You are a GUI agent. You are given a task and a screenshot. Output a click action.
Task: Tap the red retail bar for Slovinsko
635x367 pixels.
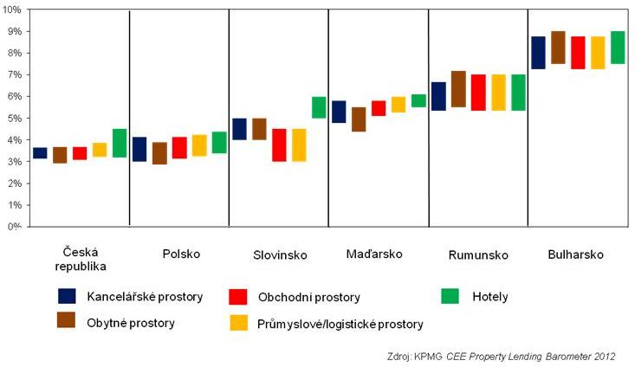pyautogui.click(x=279, y=145)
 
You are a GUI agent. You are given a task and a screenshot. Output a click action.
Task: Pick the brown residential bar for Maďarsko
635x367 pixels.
pyautogui.click(x=359, y=119)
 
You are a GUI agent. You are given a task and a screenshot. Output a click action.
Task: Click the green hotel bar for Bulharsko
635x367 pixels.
pyautogui.click(x=618, y=48)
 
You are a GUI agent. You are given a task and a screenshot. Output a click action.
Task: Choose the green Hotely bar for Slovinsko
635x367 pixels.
pyautogui.click(x=319, y=107)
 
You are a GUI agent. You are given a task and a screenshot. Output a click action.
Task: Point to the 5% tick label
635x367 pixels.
pyautogui.click(x=16, y=119)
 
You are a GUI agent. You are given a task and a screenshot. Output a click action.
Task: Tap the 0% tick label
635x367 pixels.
pyautogui.click(x=16, y=228)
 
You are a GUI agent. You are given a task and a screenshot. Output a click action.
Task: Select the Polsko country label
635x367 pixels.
pyautogui.click(x=181, y=254)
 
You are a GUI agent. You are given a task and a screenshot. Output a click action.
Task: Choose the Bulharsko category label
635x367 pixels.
pyautogui.click(x=576, y=254)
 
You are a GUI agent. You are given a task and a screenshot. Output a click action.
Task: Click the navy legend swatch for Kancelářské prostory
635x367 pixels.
pyautogui.click(x=67, y=297)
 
